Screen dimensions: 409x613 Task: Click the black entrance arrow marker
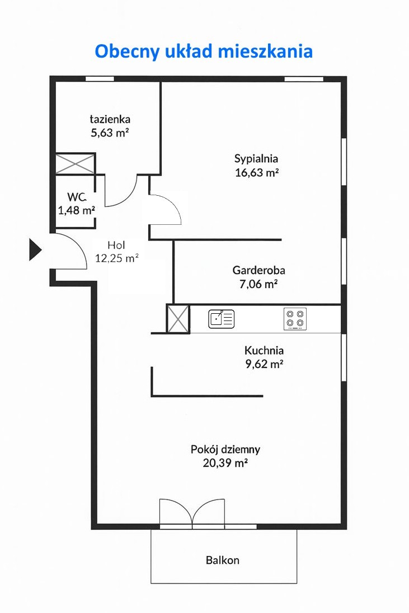(35, 249)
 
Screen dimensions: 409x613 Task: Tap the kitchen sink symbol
(222, 319)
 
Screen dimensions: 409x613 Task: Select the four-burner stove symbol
(295, 319)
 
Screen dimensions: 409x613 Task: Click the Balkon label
(223, 560)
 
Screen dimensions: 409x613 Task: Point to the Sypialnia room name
(256, 159)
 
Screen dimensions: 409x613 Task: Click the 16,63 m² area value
(256, 172)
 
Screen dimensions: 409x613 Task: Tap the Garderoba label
(259, 270)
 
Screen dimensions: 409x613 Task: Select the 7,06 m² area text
(258, 284)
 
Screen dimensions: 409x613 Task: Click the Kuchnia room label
(264, 350)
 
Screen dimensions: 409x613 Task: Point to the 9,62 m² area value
(264, 364)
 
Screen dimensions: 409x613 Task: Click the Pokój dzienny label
(225, 450)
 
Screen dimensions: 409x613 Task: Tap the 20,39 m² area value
(225, 463)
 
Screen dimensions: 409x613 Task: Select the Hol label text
(116, 245)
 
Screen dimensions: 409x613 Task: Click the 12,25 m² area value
(117, 258)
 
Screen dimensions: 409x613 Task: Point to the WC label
(76, 197)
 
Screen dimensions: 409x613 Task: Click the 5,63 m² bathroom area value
(110, 133)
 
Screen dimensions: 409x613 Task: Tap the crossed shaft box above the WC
(75, 164)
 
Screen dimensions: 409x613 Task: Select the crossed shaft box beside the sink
(178, 319)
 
